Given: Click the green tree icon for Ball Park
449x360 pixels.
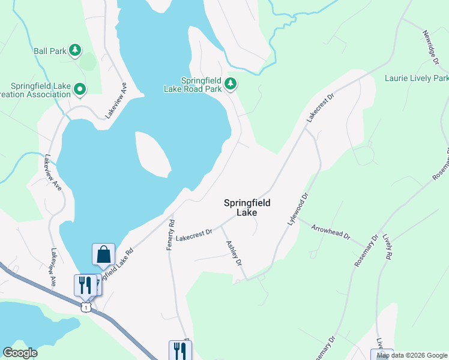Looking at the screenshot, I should coord(75,50).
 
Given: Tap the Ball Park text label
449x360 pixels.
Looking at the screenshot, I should coord(50,50).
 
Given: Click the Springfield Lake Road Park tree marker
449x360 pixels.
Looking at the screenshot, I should coord(231,85).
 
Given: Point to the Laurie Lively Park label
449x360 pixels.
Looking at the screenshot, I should coord(416,78).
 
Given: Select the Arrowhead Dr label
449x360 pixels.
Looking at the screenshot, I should coord(331,231).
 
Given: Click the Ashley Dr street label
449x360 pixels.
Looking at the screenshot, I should coord(234,253).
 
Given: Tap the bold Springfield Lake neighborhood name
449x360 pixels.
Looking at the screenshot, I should coord(247,208).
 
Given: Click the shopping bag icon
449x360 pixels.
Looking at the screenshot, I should coord(103,254).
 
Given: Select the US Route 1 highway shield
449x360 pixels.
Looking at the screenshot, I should coord(87,307).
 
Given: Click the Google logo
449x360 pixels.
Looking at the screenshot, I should coord(20,353).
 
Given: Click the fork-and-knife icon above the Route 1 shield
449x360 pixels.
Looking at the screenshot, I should coord(85,284).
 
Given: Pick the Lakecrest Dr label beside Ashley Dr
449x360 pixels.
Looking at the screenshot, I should coord(194,232).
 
